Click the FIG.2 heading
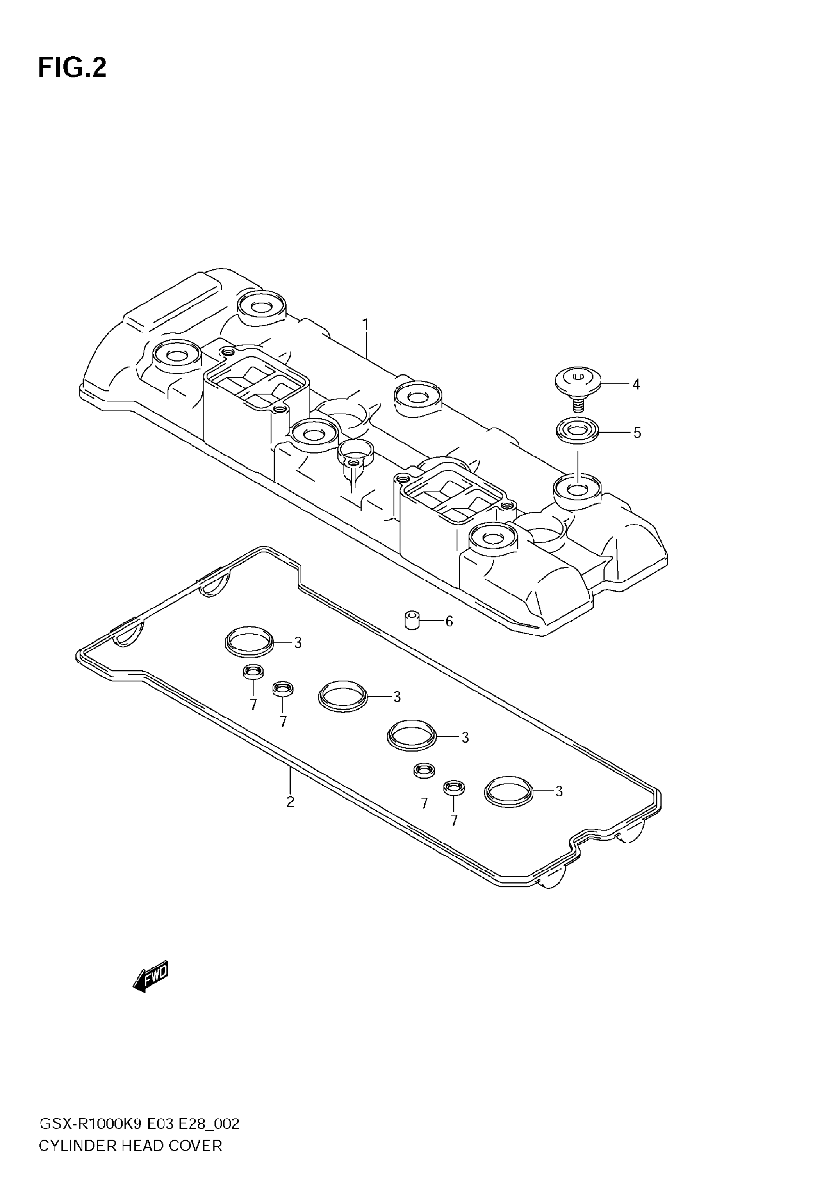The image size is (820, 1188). pos(72,68)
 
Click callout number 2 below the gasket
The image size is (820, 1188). pos(290,802)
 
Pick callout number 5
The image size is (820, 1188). pos(637,433)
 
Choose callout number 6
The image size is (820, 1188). pos(449,622)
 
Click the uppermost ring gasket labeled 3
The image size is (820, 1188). pos(249,641)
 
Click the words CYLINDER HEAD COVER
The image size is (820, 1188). pos(131,1146)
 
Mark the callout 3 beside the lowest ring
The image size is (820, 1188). pos(559,791)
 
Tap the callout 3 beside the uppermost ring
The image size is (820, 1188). pos(298,642)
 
